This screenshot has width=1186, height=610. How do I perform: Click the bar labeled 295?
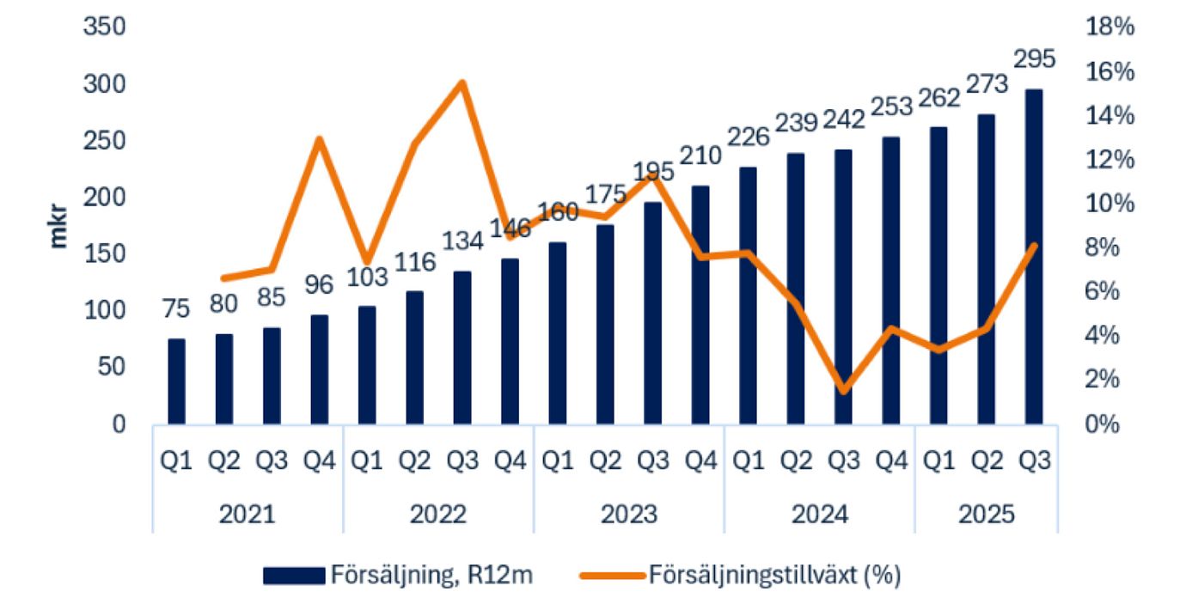1034,258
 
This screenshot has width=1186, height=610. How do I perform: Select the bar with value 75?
176,381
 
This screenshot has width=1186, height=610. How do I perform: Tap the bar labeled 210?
700,305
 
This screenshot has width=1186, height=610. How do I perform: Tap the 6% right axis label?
1110,292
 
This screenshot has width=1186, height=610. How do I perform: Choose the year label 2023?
628,515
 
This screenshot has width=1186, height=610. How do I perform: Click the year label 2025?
987,515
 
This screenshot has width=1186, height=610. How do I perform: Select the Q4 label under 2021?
320,461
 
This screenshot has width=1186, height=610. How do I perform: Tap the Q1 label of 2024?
748,461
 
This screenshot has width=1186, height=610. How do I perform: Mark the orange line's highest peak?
462,83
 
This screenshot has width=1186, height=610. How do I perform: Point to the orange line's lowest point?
843,391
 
